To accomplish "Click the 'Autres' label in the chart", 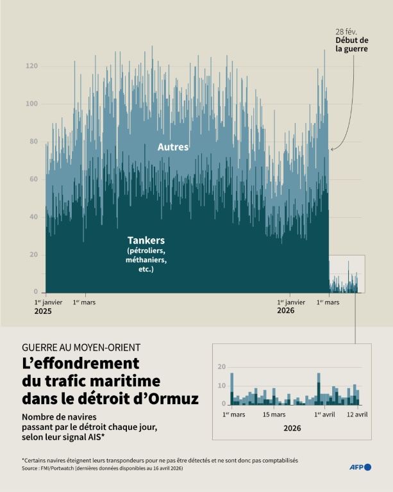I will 173,147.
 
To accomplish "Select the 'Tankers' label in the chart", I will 146,240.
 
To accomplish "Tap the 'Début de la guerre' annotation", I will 351,44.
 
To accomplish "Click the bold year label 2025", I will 43,311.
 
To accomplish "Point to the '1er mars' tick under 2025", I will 84,302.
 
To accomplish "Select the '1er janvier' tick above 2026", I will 291,302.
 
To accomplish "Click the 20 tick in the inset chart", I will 221,367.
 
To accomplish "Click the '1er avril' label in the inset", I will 326,414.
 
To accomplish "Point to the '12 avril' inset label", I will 357,414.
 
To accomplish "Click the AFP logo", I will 360,467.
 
